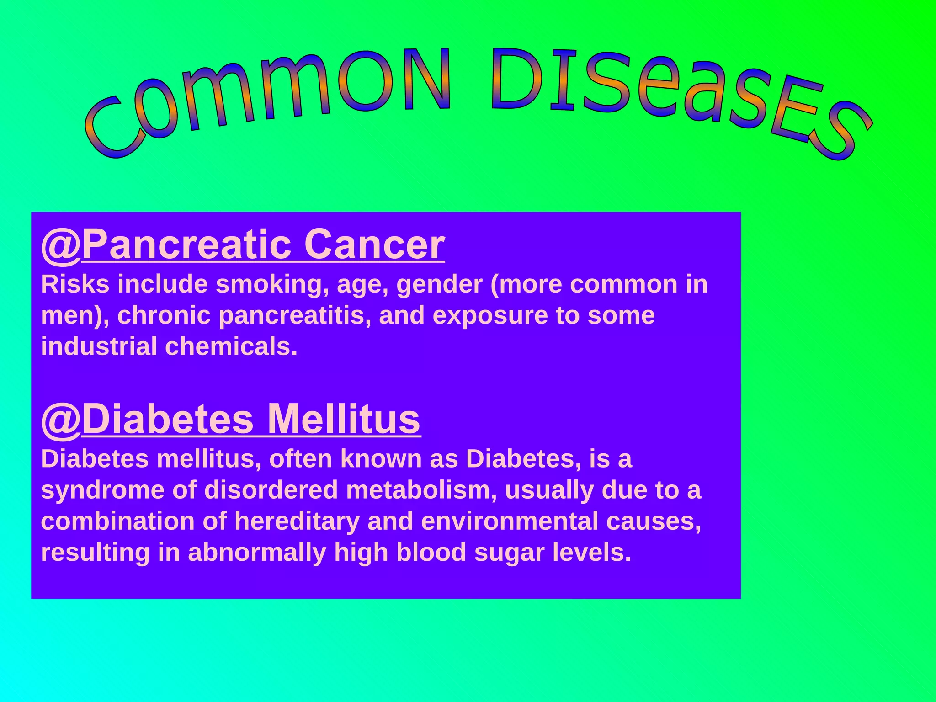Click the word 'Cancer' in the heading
click(374, 245)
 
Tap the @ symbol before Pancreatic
click(61, 245)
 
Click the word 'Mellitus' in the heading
click(343, 420)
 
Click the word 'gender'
click(439, 285)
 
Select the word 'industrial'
click(99, 346)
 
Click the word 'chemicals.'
click(231, 346)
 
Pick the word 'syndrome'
click(102, 491)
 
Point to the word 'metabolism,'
click(421, 490)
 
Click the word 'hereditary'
click(297, 522)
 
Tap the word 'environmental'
click(509, 521)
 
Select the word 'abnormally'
click(257, 553)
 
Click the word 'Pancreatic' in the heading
click(186, 245)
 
